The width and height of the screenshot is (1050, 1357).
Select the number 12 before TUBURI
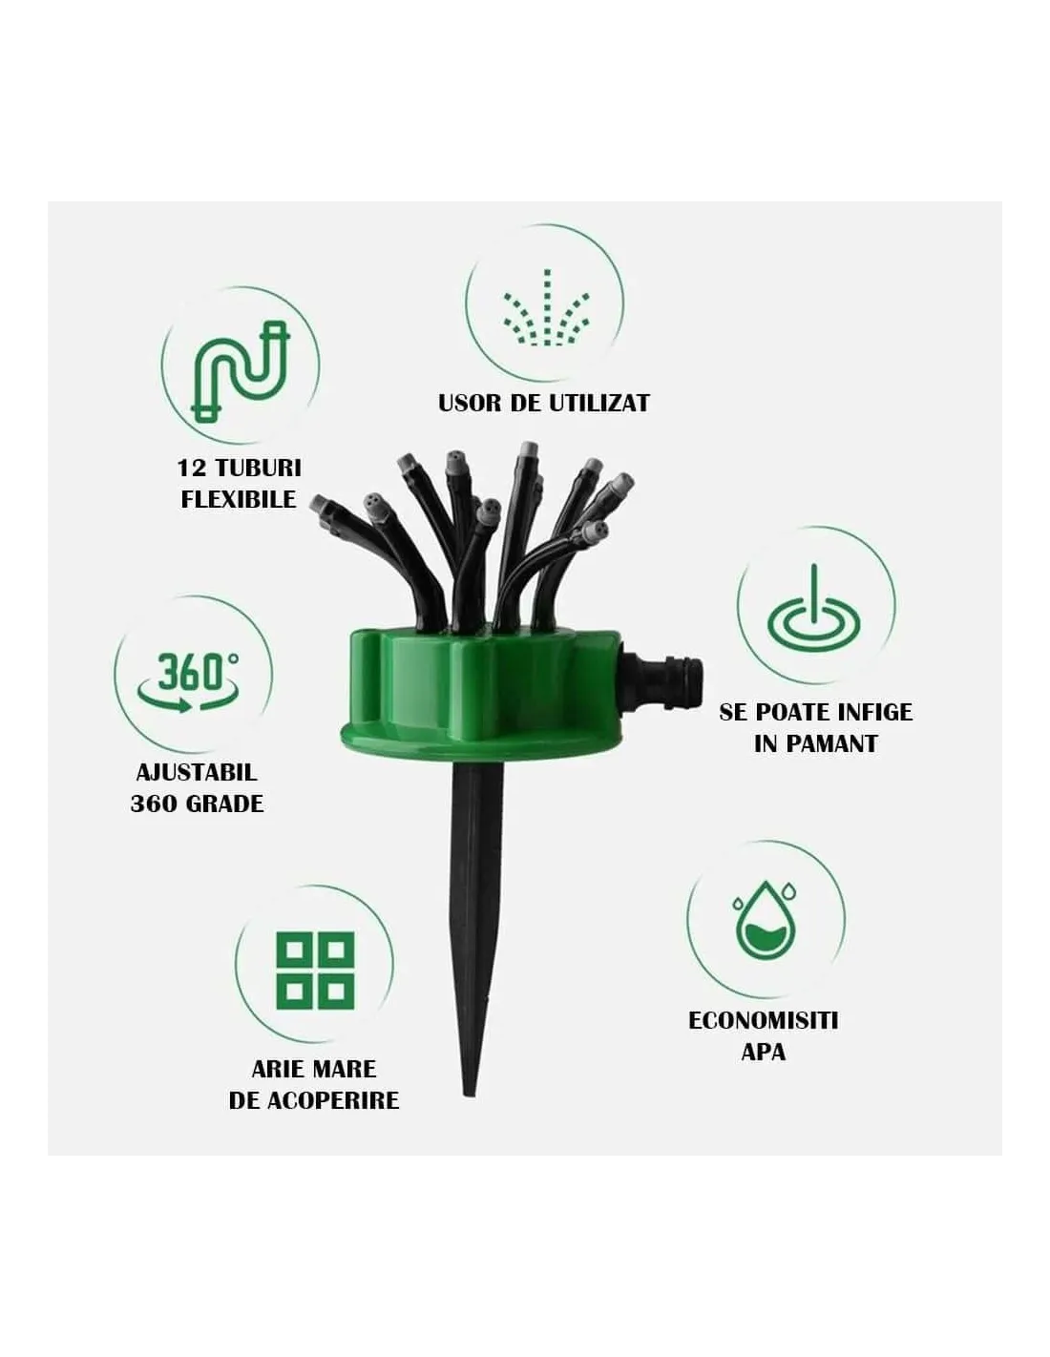(x=191, y=469)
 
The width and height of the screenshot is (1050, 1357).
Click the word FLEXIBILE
(x=238, y=500)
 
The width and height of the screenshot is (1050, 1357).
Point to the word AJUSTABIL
(x=196, y=772)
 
